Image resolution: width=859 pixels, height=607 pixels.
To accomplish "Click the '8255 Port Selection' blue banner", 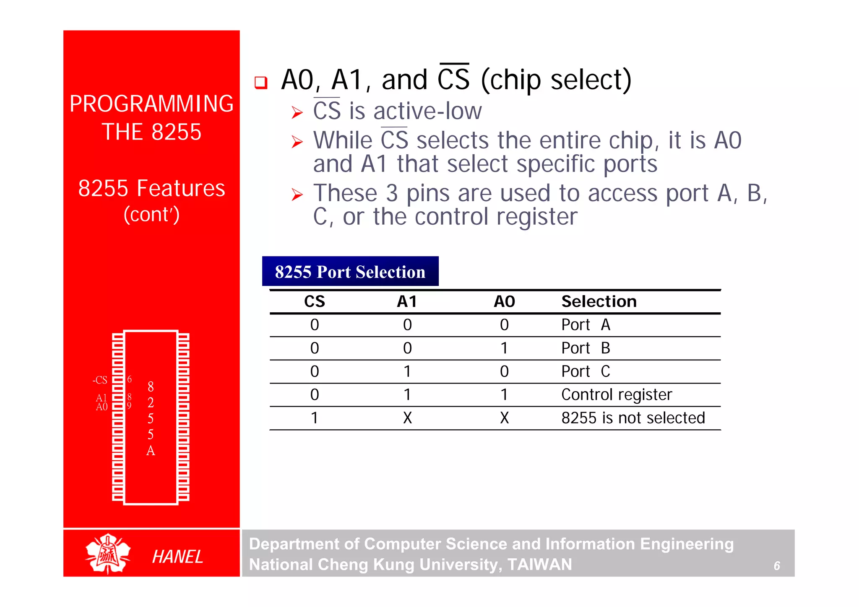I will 350,272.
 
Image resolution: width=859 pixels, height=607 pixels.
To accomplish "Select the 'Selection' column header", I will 599,301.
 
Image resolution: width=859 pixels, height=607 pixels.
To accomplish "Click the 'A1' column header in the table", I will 407,301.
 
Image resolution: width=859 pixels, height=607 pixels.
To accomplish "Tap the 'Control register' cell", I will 616,394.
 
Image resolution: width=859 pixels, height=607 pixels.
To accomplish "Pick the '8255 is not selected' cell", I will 633,418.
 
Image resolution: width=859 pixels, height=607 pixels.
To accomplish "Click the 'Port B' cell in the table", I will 586,348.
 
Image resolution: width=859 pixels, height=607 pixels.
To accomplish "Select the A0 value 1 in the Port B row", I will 504,348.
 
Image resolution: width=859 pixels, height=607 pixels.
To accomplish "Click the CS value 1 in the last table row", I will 314,418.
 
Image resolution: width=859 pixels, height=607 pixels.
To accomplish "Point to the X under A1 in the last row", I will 407,418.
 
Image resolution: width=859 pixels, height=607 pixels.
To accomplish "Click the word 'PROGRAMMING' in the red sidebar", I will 151,104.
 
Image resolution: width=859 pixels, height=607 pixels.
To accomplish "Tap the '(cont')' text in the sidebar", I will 151,215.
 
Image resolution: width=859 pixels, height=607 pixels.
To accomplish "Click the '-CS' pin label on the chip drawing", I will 100,380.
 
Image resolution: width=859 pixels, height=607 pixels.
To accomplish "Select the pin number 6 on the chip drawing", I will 130,379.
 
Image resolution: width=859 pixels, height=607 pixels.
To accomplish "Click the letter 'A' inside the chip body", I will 151,451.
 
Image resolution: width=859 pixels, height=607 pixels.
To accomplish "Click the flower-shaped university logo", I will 108,554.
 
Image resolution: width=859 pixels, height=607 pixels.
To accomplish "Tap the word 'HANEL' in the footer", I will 177,557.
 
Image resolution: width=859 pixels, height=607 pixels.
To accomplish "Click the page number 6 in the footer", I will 776,566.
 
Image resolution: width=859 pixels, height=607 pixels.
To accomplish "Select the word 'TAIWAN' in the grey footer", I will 539,565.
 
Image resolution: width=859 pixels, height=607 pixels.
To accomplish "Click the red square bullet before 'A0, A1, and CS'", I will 261,82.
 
